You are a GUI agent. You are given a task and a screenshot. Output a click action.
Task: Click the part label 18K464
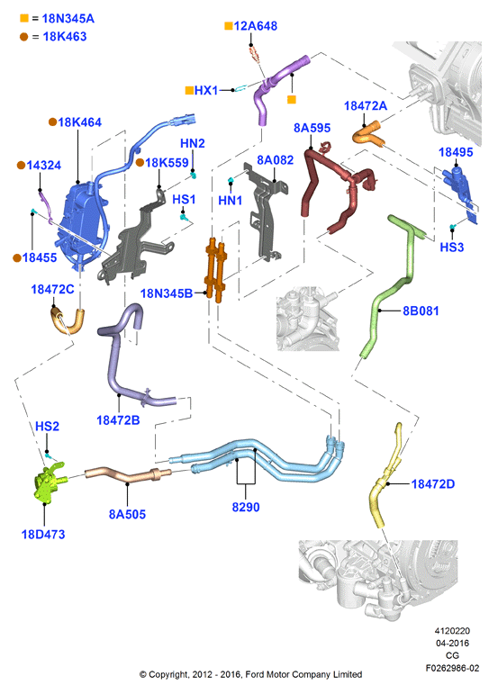click(79, 122)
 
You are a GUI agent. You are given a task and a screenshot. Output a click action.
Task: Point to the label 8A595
click(312, 128)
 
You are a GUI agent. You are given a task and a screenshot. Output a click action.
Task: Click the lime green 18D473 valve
click(49, 482)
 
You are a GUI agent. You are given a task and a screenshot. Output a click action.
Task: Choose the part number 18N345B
click(167, 293)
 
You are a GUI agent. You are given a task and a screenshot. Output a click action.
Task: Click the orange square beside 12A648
click(229, 26)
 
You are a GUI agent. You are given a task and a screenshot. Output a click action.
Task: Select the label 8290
click(246, 507)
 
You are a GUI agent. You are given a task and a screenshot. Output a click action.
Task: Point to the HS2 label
click(47, 427)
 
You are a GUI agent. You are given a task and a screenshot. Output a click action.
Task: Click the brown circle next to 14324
click(21, 165)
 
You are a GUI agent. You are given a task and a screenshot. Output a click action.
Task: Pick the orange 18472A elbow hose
click(368, 134)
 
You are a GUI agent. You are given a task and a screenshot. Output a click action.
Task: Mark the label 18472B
click(118, 420)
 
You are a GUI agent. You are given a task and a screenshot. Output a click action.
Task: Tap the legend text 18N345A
click(68, 19)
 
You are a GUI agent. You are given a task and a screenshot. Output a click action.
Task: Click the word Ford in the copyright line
click(255, 674)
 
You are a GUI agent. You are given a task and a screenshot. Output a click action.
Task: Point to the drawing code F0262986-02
click(452, 668)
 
